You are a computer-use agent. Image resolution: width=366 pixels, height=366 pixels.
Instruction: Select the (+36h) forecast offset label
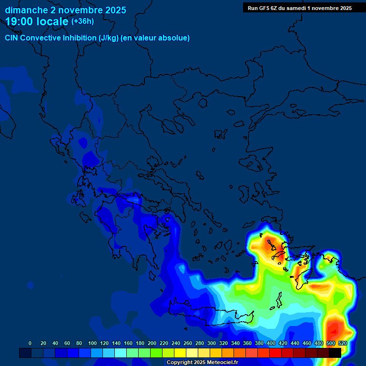click(x=82, y=21)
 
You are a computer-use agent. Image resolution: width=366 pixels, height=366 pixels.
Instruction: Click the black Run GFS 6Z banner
click(x=300, y=8)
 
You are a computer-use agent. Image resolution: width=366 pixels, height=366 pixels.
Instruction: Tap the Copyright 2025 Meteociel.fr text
click(x=202, y=363)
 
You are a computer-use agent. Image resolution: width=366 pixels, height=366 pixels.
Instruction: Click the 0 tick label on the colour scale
click(x=30, y=344)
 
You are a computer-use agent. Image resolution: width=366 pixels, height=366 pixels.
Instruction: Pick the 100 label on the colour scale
click(x=92, y=344)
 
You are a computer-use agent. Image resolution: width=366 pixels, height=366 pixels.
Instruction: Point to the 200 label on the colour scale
click(x=152, y=344)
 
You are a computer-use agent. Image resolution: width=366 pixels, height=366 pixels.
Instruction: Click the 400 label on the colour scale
click(x=271, y=344)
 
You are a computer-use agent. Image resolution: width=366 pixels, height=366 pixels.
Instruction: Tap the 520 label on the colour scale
click(x=342, y=344)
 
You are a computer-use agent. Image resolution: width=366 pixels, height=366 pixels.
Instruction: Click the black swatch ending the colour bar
click(x=335, y=353)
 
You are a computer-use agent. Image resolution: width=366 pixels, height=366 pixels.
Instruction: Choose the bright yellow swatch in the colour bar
click(x=180, y=353)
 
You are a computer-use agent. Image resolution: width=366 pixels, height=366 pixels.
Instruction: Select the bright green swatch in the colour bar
click(x=156, y=353)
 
